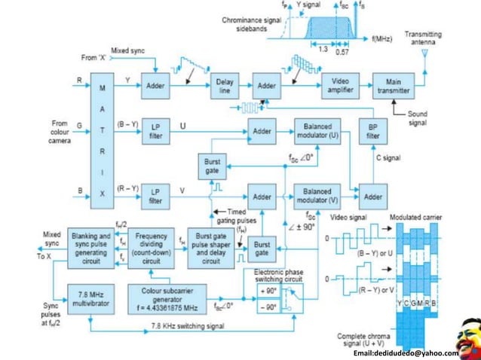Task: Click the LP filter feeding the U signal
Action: [x=155, y=131]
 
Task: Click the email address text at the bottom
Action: [x=406, y=352]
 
